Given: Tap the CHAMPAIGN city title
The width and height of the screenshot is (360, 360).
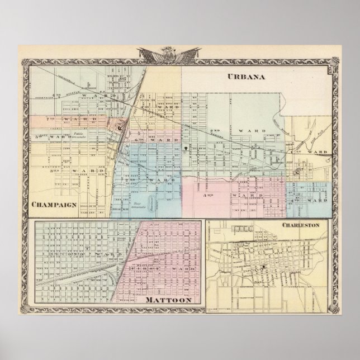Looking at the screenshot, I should pyautogui.click(x=54, y=205).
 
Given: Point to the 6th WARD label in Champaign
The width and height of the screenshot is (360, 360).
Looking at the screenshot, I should pyautogui.click(x=158, y=139).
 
